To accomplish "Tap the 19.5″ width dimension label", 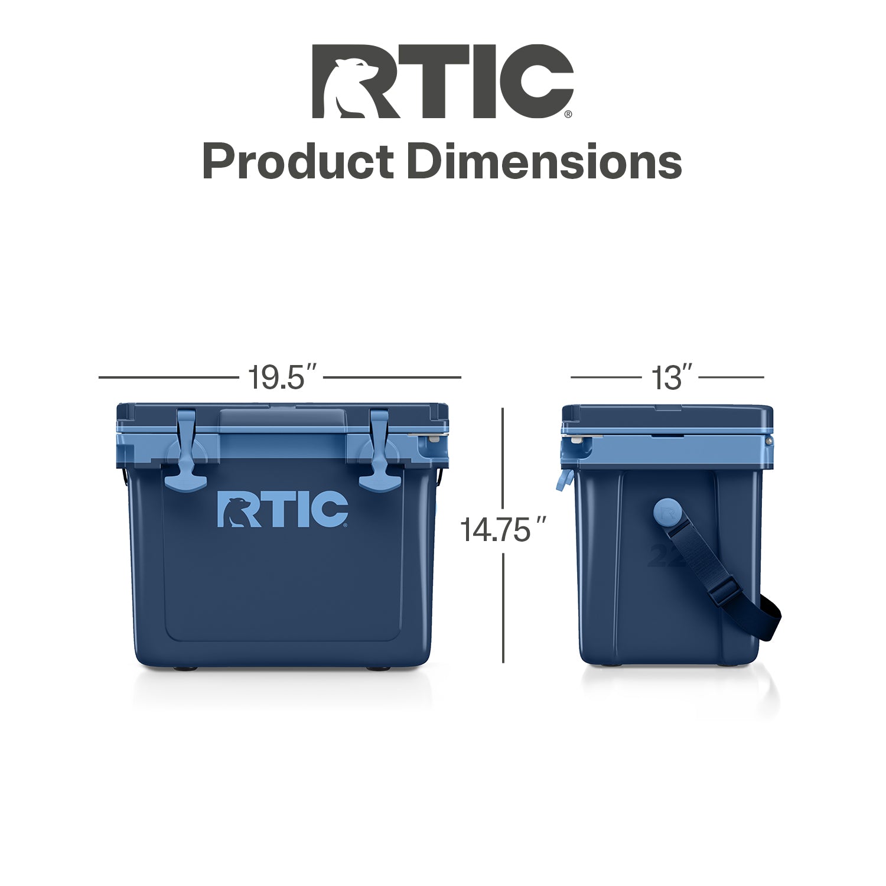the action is coord(283,377).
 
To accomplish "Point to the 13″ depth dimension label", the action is coord(672,377).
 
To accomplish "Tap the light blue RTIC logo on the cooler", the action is coord(283,508).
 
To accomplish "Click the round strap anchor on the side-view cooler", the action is coord(669,513).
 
